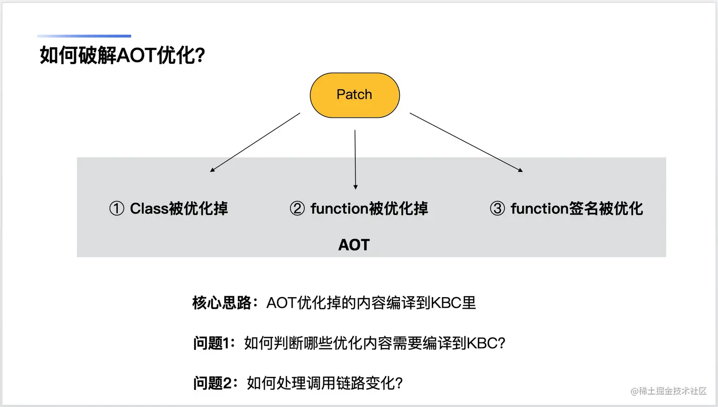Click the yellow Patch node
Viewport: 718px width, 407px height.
point(355,95)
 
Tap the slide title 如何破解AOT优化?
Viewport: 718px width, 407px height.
point(122,55)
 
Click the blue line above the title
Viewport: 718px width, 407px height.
point(84,36)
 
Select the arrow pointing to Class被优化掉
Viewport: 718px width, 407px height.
point(255,142)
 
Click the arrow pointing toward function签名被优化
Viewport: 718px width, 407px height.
point(466,142)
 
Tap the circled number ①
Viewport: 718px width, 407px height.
point(117,209)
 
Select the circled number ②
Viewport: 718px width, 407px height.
point(297,209)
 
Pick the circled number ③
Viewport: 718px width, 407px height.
point(498,209)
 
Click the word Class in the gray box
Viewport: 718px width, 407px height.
point(149,209)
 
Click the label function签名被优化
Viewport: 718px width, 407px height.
point(576,209)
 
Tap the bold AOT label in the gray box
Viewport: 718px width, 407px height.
point(354,245)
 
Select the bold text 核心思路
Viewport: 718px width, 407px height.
point(222,303)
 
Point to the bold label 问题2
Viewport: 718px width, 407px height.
point(212,383)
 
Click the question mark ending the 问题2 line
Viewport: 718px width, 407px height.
point(399,383)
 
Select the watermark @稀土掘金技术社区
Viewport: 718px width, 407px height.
point(669,391)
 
